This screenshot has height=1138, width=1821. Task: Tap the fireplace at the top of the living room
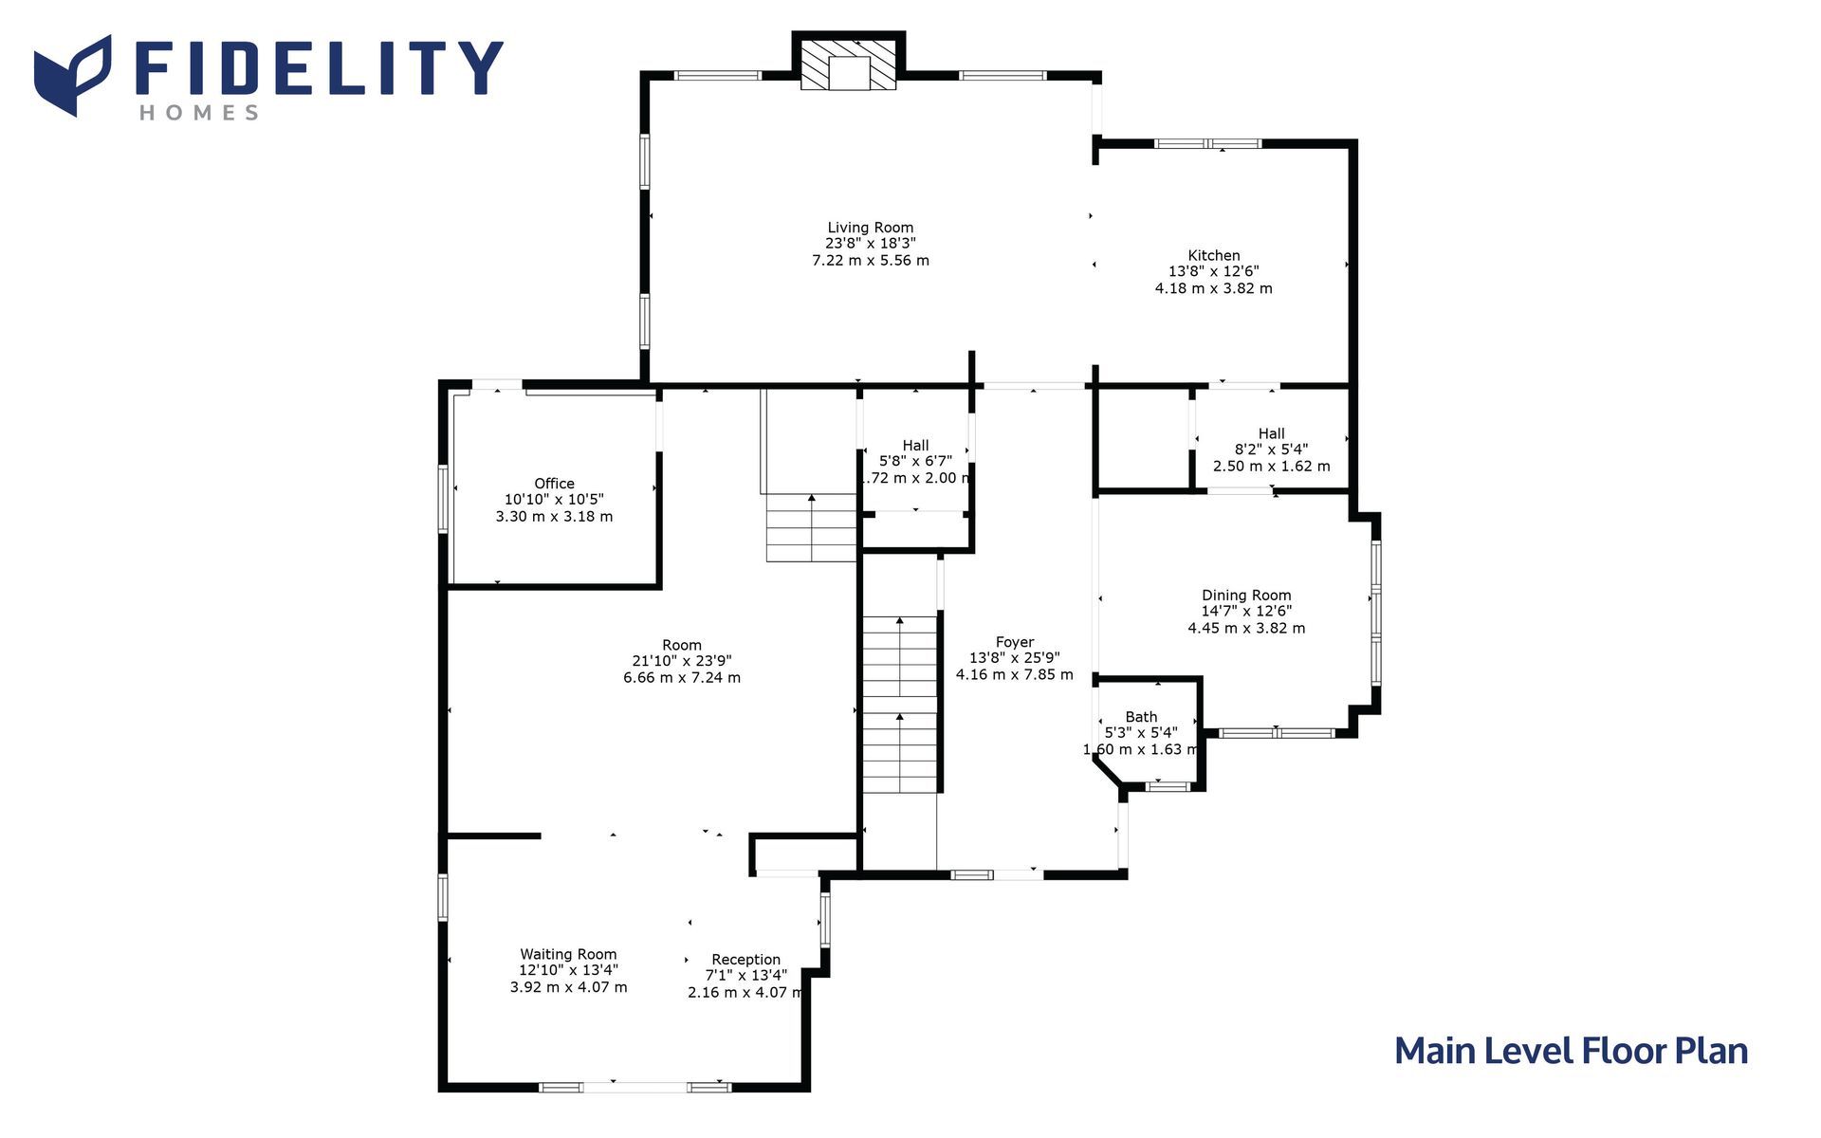pyautogui.click(x=849, y=64)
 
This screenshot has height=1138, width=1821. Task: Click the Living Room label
pyautogui.click(x=871, y=228)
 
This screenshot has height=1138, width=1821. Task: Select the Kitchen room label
pyautogui.click(x=1214, y=255)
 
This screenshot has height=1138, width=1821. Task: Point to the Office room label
pyautogui.click(x=554, y=484)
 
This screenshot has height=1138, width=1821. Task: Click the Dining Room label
pyautogui.click(x=1246, y=596)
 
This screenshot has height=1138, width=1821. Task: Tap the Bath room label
pyautogui.click(x=1141, y=717)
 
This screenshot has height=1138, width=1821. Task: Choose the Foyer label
pyautogui.click(x=1015, y=642)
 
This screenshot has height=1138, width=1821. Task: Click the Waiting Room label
pyautogui.click(x=568, y=954)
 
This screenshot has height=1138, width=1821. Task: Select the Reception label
pyautogui.click(x=746, y=960)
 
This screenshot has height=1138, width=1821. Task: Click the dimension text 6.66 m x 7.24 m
pyautogui.click(x=682, y=678)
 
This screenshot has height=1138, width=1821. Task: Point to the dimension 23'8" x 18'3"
pyautogui.click(x=871, y=244)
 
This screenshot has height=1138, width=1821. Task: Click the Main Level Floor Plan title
pyautogui.click(x=1571, y=1051)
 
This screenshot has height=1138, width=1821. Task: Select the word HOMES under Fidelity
pyautogui.click(x=199, y=113)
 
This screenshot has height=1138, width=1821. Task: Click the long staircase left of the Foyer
pyautogui.click(x=899, y=705)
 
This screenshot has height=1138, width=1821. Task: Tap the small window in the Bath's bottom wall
pyautogui.click(x=1168, y=785)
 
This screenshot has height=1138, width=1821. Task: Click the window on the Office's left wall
pyautogui.click(x=443, y=498)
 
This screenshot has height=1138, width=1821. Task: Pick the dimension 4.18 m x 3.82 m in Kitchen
pyautogui.click(x=1214, y=288)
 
